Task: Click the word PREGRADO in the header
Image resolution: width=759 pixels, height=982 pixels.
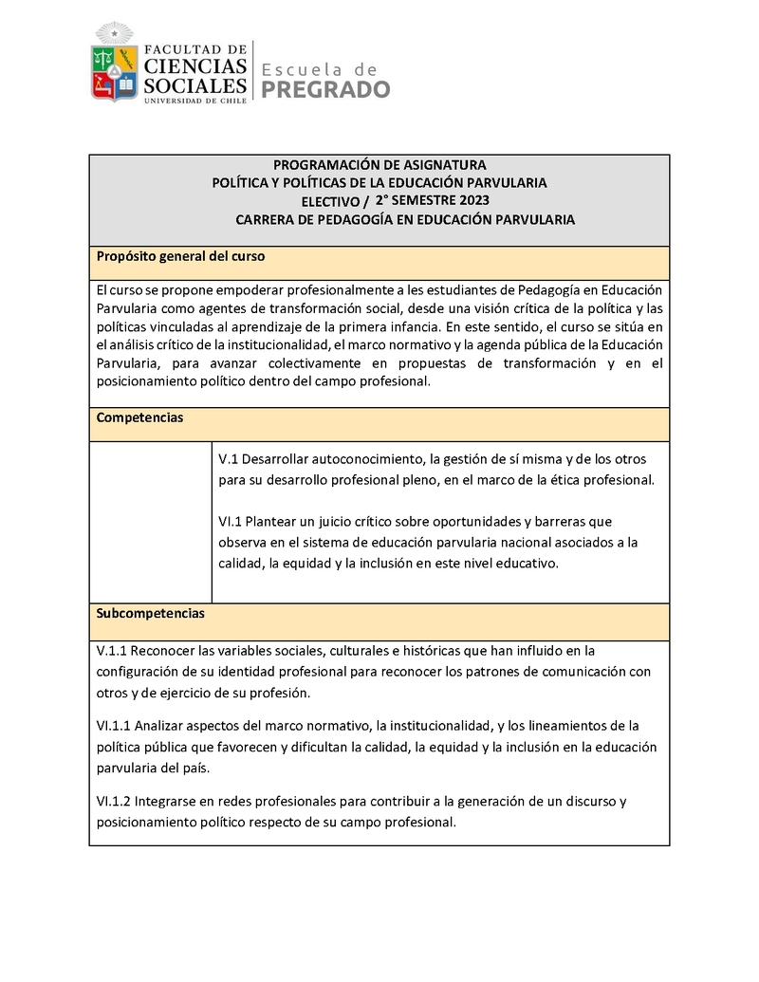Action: tap(325, 90)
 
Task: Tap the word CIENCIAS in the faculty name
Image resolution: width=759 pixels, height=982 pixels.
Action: tap(195, 65)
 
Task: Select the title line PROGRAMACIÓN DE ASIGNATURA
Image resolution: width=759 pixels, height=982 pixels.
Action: tap(379, 165)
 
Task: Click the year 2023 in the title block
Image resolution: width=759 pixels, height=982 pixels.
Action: tap(474, 200)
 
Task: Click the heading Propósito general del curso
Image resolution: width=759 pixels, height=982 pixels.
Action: tap(180, 257)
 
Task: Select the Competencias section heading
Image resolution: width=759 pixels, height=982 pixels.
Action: tap(139, 417)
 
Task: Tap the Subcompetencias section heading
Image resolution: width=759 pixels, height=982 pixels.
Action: tap(151, 614)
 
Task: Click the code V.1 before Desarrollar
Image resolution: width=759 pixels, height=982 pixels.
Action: tap(228, 459)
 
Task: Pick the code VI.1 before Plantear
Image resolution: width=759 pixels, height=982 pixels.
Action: tap(231, 522)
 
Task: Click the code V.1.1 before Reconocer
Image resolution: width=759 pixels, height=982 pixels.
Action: tap(111, 651)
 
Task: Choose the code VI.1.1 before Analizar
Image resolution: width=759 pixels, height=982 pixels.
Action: tap(114, 726)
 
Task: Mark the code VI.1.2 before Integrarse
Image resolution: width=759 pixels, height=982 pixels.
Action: tap(114, 801)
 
